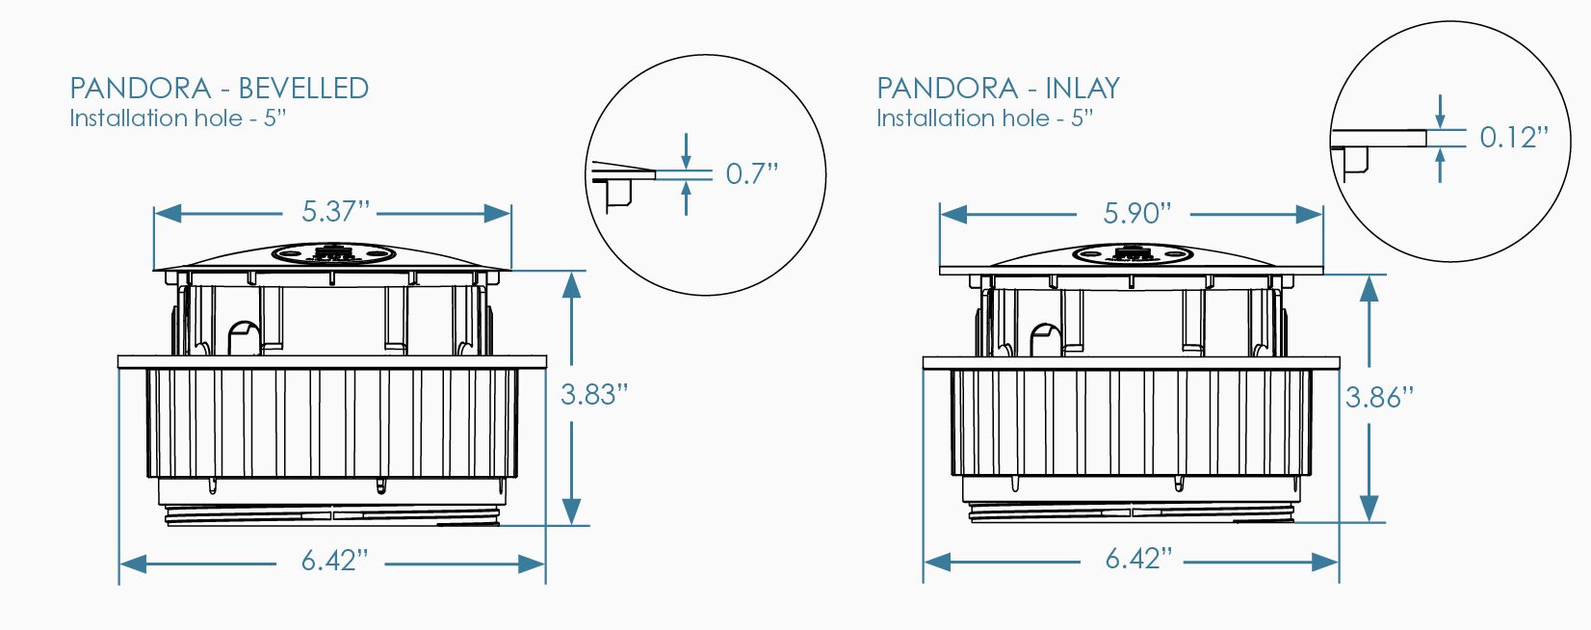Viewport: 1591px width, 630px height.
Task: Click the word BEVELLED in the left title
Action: pos(302,89)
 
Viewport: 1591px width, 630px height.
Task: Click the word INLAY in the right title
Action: pos(1082,89)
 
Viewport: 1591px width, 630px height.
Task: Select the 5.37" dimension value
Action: pos(335,212)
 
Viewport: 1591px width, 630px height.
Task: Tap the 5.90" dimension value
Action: pos(1137,213)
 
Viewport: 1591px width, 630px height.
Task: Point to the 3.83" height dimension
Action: pos(594,395)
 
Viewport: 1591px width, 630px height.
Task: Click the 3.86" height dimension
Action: pos(1379,398)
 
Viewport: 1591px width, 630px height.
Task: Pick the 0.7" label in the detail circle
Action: pos(751,174)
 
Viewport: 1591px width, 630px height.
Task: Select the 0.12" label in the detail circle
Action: pos(1514,138)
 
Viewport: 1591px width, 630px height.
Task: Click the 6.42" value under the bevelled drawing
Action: pos(334,561)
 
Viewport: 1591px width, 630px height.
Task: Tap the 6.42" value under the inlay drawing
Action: pos(1138,559)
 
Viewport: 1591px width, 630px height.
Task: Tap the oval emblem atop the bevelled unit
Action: pos(333,254)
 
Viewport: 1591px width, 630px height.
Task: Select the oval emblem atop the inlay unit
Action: pos(1133,255)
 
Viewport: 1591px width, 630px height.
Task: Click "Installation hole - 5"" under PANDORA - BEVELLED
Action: pos(178,118)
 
